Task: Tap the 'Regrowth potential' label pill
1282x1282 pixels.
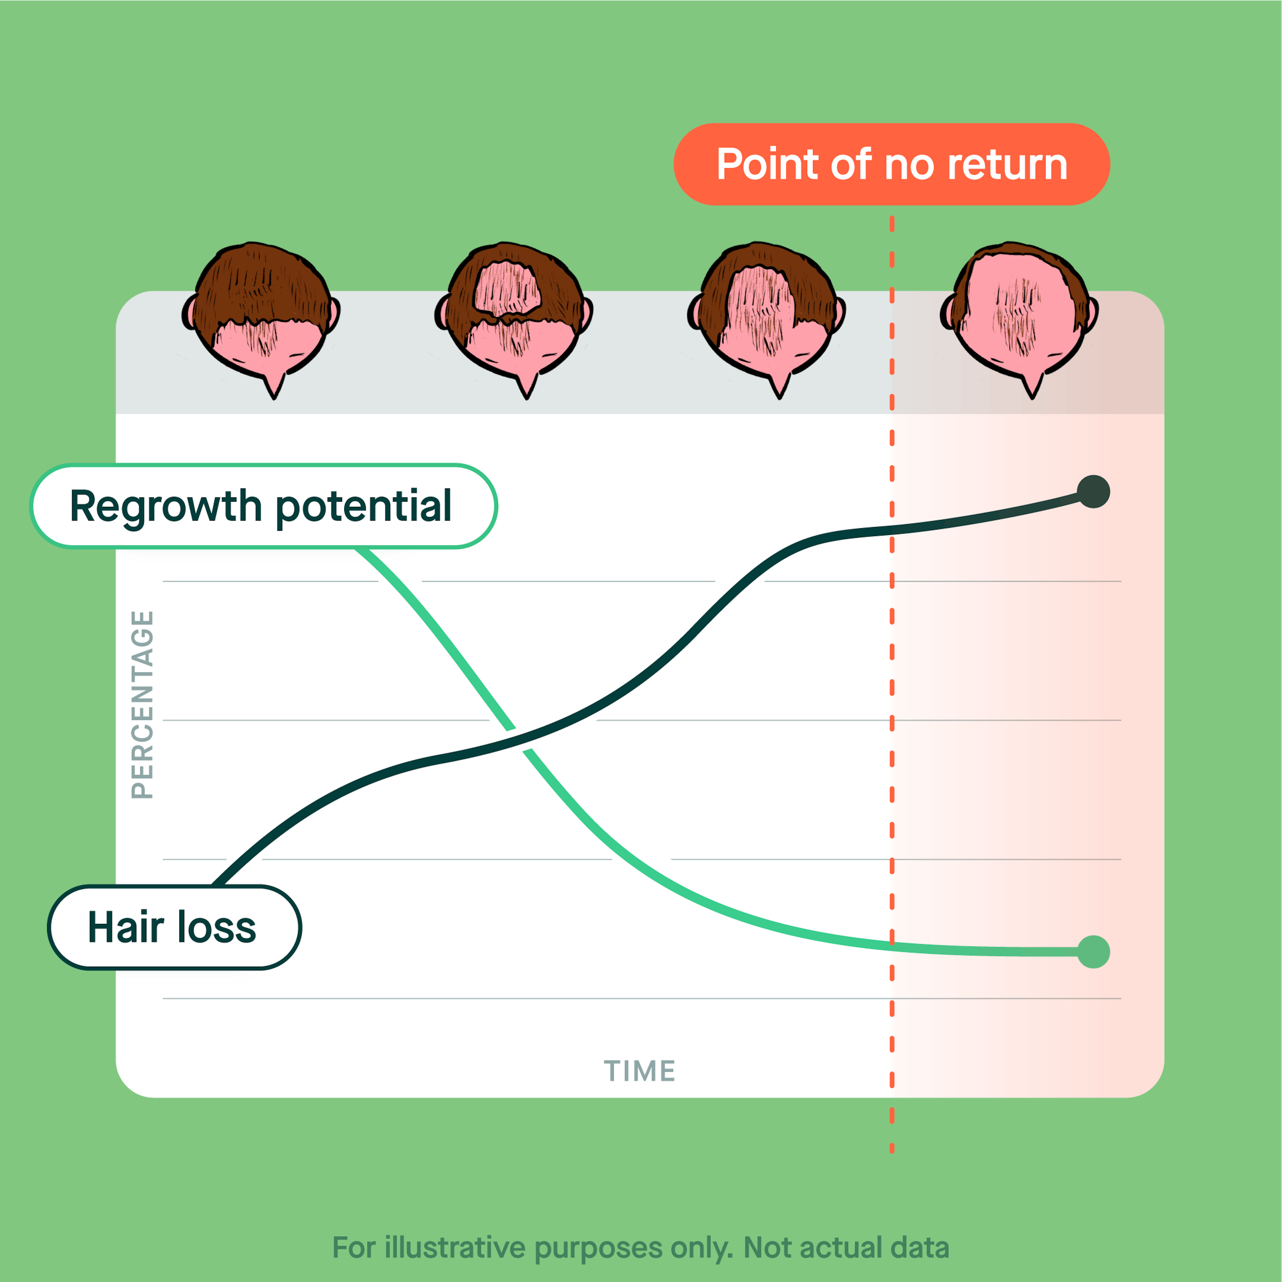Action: pyautogui.click(x=263, y=506)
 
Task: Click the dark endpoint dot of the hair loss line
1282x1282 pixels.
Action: pyautogui.click(x=1094, y=492)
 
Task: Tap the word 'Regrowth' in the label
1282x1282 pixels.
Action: pyautogui.click(x=166, y=506)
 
